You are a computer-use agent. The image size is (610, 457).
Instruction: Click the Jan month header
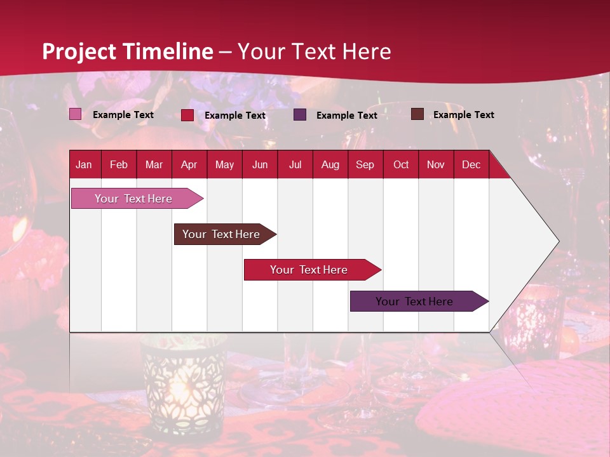(x=84, y=165)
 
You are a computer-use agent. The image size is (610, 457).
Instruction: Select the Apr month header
(x=189, y=165)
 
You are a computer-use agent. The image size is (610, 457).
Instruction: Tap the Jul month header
(x=295, y=165)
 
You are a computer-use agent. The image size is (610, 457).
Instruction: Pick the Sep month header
(x=365, y=165)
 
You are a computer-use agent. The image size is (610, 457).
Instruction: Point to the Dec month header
(x=471, y=165)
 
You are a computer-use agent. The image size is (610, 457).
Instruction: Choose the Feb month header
(x=119, y=165)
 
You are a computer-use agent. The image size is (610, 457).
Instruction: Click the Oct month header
(x=401, y=165)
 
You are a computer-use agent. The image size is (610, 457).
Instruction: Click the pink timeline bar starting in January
(x=133, y=199)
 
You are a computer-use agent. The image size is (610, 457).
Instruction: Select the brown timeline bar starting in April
(x=221, y=234)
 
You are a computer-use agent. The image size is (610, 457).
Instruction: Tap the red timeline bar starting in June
(x=309, y=270)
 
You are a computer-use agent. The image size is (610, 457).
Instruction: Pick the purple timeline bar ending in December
(x=414, y=301)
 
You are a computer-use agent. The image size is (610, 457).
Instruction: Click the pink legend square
(x=75, y=114)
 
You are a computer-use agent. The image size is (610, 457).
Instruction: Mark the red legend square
(x=187, y=115)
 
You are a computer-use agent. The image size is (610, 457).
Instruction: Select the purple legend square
(x=300, y=115)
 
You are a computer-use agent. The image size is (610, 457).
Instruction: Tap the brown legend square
(x=417, y=114)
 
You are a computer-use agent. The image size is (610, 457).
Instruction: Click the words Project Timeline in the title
(x=127, y=51)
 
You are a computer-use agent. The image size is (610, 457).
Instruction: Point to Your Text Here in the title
(x=315, y=51)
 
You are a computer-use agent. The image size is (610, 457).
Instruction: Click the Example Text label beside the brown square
(x=463, y=115)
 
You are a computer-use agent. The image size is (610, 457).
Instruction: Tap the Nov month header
(x=436, y=165)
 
